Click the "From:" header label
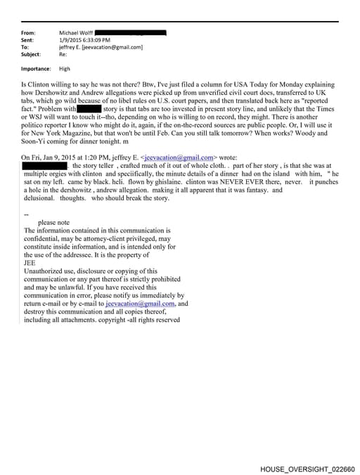pyautogui.click(x=29, y=33)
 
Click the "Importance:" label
pyautogui.click(x=36, y=69)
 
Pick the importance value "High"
pyautogui.click(x=65, y=69)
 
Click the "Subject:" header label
pyautogui.click(x=31, y=54)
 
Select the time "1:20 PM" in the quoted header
pyautogui.click(x=89, y=157)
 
